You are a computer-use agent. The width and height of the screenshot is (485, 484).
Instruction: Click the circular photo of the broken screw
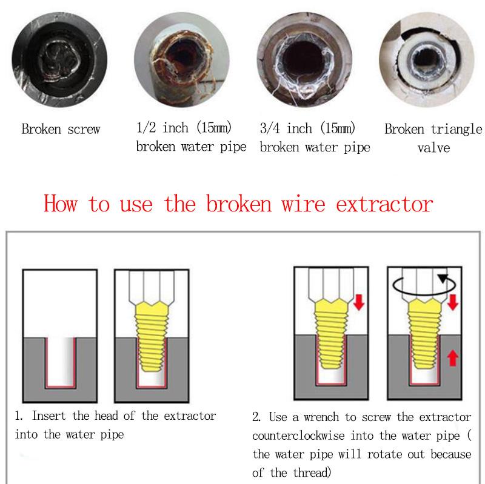[59, 59]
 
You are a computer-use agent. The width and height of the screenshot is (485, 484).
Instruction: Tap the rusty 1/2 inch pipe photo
[182, 59]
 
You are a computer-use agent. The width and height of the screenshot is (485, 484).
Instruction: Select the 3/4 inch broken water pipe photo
[304, 59]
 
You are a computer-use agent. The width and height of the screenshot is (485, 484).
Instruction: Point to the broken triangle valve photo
[427, 59]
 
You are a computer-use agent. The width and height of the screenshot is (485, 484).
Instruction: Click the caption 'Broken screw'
[61, 129]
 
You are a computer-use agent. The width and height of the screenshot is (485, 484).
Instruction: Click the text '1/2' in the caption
[146, 128]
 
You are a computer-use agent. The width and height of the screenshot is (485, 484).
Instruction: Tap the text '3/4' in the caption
[270, 128]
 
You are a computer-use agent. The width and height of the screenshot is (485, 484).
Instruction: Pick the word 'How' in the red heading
[61, 204]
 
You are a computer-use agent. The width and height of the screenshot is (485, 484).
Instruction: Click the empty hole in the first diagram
[61, 362]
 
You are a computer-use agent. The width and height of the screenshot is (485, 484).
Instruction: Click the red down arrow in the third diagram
[359, 302]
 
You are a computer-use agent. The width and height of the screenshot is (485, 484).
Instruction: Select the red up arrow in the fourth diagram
[453, 358]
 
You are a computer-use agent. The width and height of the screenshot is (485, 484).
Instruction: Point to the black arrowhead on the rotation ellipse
[443, 278]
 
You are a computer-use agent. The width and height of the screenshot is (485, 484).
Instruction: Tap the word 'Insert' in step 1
[49, 416]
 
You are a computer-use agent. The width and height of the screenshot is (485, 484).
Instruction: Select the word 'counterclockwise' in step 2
[298, 436]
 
